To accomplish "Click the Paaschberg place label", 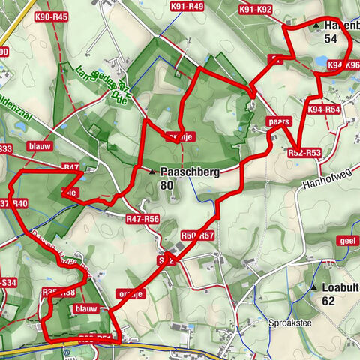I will pos(188,171).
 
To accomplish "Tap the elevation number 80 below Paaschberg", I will pos(166,184).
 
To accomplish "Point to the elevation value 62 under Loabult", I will pos(328,301).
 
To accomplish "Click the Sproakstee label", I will pos(289,323).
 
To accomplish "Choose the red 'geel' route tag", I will pos(346,241).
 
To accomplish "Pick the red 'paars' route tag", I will pos(277,121).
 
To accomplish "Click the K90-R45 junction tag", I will pos(51,16).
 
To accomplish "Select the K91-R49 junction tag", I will pos(187,7).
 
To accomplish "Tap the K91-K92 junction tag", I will pos(256,10).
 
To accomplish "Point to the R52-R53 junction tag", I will pos(304,153).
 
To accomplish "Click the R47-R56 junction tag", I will pos(142,219).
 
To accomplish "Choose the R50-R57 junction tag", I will pos(198,235).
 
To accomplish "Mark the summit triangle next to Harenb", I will pos(316,25).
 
